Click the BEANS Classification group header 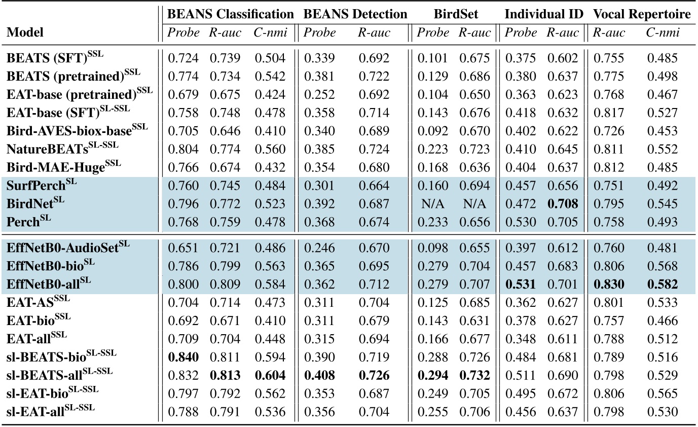tap(231, 15)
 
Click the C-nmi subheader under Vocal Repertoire tap(662, 33)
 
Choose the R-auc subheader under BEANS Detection tap(374, 33)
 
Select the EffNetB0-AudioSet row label tap(68, 248)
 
